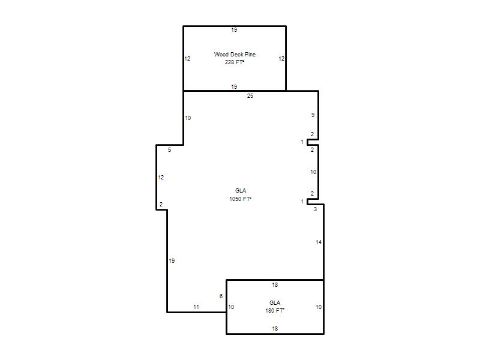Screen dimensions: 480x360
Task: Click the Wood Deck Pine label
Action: tap(235, 55)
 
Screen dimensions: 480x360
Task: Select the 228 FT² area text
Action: tap(235, 62)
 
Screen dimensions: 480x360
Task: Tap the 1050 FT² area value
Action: tap(241, 199)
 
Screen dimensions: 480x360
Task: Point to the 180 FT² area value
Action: tap(275, 311)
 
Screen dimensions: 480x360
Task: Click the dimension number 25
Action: tap(250, 96)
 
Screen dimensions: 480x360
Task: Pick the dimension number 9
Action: tap(313, 115)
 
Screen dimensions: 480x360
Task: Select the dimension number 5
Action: tap(169, 150)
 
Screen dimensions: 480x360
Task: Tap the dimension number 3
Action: tap(315, 209)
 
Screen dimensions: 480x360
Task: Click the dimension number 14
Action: tap(319, 242)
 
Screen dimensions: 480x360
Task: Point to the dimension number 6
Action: tap(221, 296)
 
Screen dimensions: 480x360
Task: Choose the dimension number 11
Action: tap(196, 307)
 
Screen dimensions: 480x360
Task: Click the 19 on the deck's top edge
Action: tap(234, 30)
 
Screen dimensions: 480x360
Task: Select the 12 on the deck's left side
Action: tap(187, 59)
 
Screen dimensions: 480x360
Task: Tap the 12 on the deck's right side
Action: tap(281, 59)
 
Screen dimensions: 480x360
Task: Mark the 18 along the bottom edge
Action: tap(275, 329)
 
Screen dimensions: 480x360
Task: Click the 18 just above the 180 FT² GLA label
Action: tap(275, 285)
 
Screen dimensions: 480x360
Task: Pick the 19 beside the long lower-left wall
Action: tap(172, 261)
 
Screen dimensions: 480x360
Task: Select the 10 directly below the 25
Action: tap(188, 118)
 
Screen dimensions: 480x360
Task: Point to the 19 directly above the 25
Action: tap(234, 87)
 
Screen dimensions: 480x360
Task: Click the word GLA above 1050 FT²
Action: tap(241, 191)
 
